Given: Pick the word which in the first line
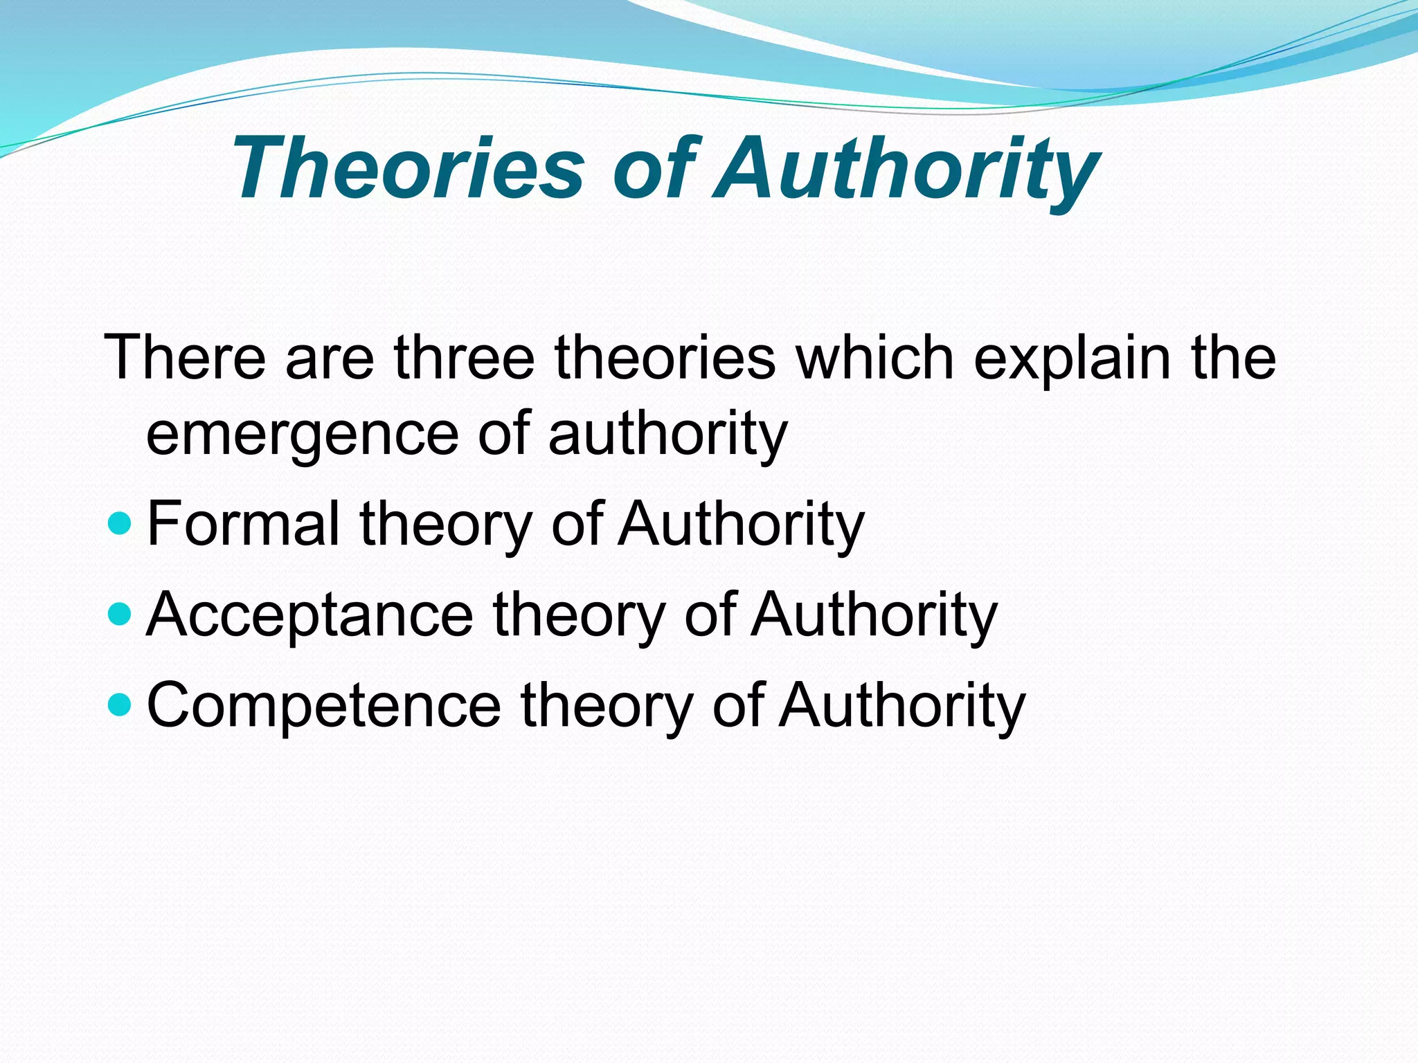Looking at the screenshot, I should tap(875, 358).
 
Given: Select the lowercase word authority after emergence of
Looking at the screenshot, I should tap(668, 435).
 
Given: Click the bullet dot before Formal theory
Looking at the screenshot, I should tap(120, 523).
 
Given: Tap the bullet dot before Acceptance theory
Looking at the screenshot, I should tap(120, 614).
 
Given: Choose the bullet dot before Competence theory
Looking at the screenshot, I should tap(120, 705).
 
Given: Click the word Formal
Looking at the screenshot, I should tap(243, 523).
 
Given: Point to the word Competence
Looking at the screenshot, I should tap(323, 705).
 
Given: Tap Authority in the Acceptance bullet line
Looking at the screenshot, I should tap(874, 614).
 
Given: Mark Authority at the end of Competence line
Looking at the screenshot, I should tap(901, 705).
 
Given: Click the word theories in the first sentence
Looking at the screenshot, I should tap(665, 358).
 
